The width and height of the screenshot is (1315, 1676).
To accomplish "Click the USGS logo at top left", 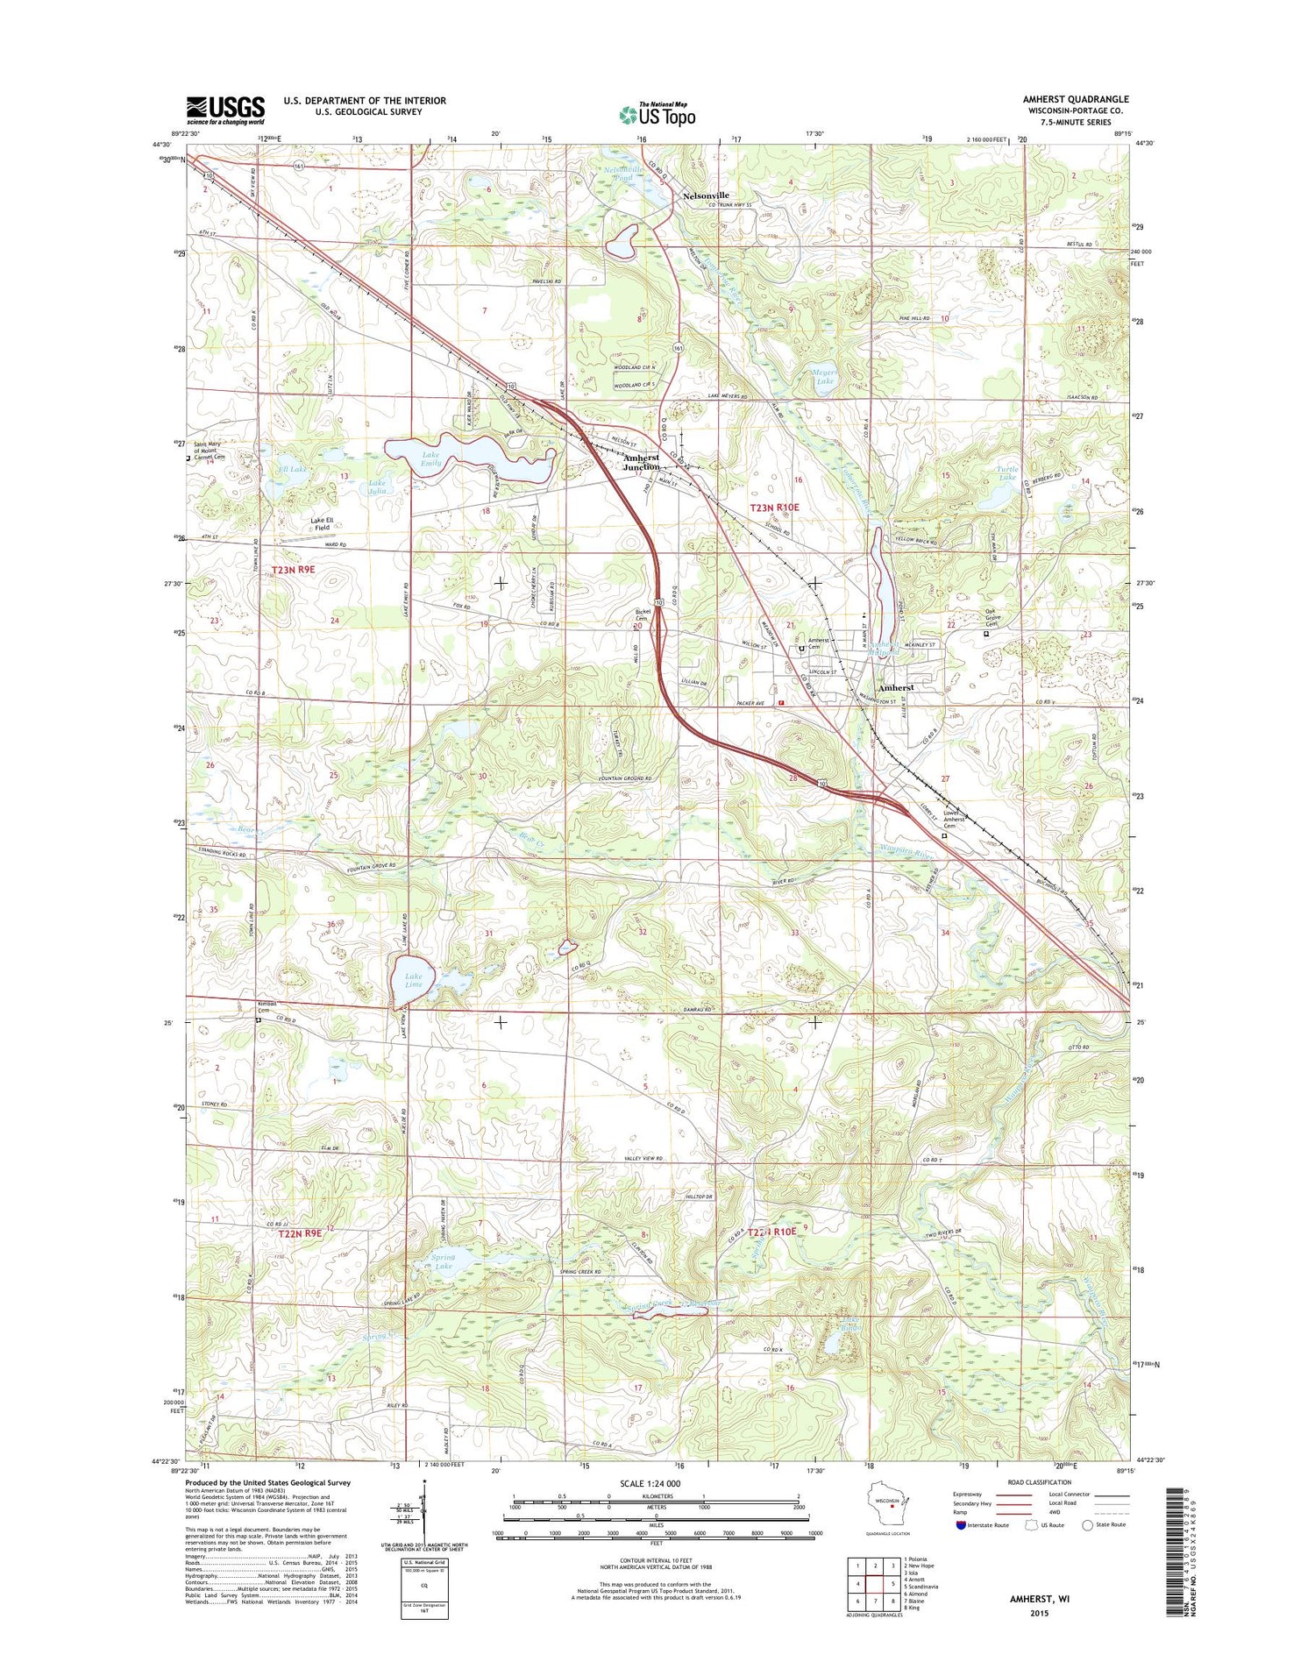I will pos(224,110).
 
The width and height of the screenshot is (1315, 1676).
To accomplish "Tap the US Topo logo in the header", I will pos(657,114).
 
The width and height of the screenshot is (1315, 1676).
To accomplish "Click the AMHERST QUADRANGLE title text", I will pos(1075,99).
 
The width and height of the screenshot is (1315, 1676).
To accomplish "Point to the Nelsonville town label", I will pos(706,195).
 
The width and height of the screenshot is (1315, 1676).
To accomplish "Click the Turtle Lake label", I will pos(1008,473).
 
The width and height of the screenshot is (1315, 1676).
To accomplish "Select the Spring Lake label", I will pos(443,1262).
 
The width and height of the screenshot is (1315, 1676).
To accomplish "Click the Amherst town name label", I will pos(896,687).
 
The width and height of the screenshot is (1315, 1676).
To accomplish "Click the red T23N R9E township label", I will pos(293,570).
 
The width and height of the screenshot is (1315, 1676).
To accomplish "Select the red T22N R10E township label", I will pos(771,1232).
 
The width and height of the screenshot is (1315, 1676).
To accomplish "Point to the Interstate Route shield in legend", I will pos(962,1524).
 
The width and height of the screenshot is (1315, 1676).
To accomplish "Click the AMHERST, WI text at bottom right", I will pos(1039,1599).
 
